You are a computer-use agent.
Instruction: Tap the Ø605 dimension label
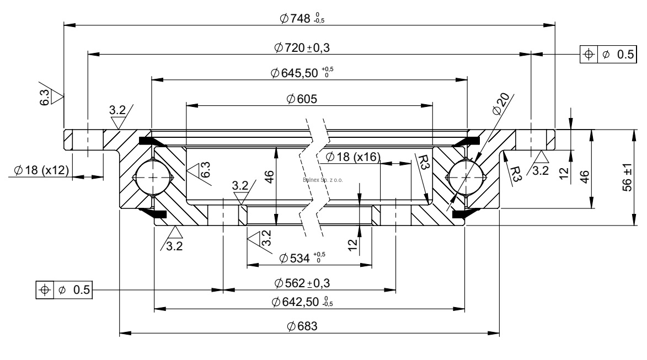pos(301,99)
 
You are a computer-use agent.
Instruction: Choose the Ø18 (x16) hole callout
pos(353,157)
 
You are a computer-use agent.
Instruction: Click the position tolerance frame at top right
pos(611,54)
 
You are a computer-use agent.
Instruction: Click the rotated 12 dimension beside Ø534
pos(353,241)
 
